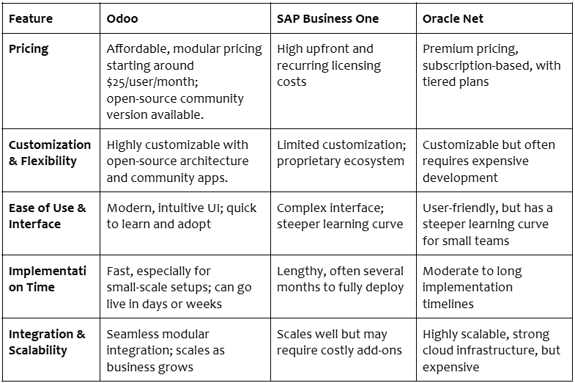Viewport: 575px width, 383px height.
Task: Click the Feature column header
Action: (31, 19)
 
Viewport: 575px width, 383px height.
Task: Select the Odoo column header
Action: (122, 19)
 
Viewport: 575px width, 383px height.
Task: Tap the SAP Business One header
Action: (327, 19)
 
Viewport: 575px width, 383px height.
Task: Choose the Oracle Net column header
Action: (453, 19)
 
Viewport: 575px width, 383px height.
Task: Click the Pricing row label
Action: (29, 49)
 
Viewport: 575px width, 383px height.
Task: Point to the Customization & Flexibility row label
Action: (50, 153)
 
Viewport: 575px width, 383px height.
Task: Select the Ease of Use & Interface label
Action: (48, 216)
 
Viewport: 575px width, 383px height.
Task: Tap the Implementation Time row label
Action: (48, 279)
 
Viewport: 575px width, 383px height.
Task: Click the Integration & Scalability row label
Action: (47, 342)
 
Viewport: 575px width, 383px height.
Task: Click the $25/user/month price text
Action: (152, 82)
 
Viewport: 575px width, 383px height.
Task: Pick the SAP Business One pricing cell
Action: (329, 65)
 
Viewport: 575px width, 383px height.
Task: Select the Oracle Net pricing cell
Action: (491, 65)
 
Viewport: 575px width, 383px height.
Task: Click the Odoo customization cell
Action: (177, 161)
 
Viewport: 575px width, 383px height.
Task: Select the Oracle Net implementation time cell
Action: (472, 288)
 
